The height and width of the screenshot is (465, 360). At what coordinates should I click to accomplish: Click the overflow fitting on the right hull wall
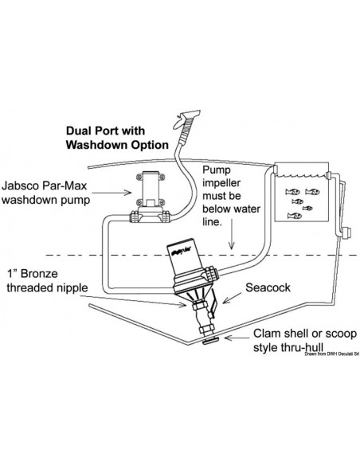click(346, 232)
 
